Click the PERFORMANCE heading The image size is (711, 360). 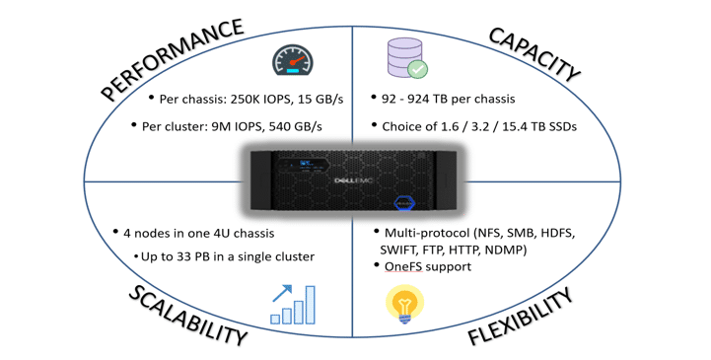(172, 60)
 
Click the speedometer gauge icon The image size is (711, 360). (292, 61)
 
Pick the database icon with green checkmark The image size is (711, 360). (406, 58)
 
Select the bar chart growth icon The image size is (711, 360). (293, 305)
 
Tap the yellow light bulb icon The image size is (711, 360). (404, 305)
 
